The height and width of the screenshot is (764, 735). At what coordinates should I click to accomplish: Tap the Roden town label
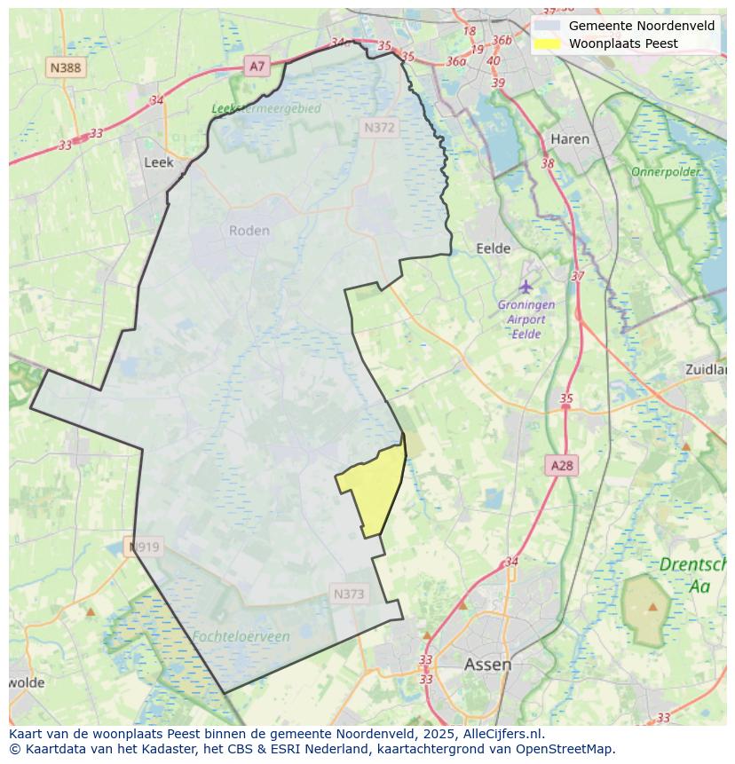pos(249,231)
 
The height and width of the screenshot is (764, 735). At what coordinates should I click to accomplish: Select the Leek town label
pos(158,162)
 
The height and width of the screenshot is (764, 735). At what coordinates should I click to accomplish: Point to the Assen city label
pos(487,664)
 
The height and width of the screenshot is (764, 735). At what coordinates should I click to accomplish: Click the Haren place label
pos(569,139)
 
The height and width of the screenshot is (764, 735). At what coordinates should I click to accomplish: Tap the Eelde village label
pos(494,248)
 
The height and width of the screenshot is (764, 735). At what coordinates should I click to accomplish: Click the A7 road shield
pos(257,66)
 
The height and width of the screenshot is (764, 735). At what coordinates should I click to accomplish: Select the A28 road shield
pos(562,466)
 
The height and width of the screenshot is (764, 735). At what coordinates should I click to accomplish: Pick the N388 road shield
pos(66,67)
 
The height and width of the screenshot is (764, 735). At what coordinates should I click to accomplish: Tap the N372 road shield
pos(379,128)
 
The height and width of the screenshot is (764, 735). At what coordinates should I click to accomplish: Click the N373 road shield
pos(349,594)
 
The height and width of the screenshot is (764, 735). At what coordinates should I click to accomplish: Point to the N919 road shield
pos(144,547)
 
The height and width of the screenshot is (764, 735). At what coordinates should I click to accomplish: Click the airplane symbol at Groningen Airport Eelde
pos(526,287)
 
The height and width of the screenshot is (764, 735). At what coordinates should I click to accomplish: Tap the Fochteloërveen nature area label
pos(240,636)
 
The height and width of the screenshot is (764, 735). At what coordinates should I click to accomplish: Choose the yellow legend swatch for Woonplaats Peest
pos(548,43)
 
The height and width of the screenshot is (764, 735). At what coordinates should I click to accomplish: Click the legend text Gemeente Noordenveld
pos(641,26)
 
